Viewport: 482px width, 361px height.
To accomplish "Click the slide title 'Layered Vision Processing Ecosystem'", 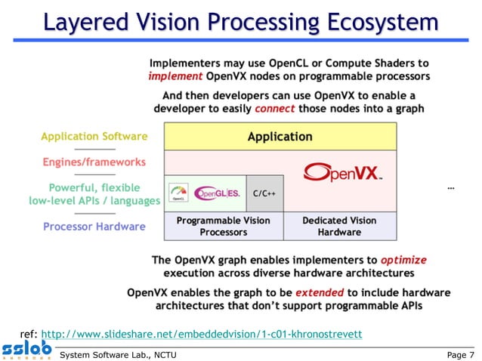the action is [240, 22].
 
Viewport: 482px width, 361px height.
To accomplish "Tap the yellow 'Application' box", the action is [280, 137].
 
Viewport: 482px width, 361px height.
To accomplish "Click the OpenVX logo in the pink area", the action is [341, 173].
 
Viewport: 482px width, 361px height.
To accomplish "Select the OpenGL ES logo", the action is [218, 193].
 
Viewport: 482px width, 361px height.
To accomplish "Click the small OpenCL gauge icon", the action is [179, 193].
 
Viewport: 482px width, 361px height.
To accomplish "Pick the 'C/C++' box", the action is [263, 193].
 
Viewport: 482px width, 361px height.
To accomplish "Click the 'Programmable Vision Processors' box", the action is [224, 226].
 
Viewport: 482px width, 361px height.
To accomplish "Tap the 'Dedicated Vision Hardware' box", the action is [339, 226].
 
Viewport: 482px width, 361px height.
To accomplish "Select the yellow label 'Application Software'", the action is [94, 137].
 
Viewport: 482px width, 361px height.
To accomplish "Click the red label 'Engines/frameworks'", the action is [94, 162].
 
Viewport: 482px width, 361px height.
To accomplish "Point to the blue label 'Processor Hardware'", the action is [94, 226].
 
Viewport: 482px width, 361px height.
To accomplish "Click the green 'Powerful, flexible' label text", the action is [94, 187].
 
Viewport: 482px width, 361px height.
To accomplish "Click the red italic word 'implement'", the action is [174, 76].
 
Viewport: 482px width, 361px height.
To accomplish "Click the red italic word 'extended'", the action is [319, 292].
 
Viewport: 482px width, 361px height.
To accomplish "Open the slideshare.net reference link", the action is [201, 333].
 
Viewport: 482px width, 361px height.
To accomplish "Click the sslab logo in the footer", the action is [26, 350].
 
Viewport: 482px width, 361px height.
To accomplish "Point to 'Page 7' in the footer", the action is [461, 353].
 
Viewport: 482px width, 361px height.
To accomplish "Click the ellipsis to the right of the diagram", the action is [451, 187].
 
